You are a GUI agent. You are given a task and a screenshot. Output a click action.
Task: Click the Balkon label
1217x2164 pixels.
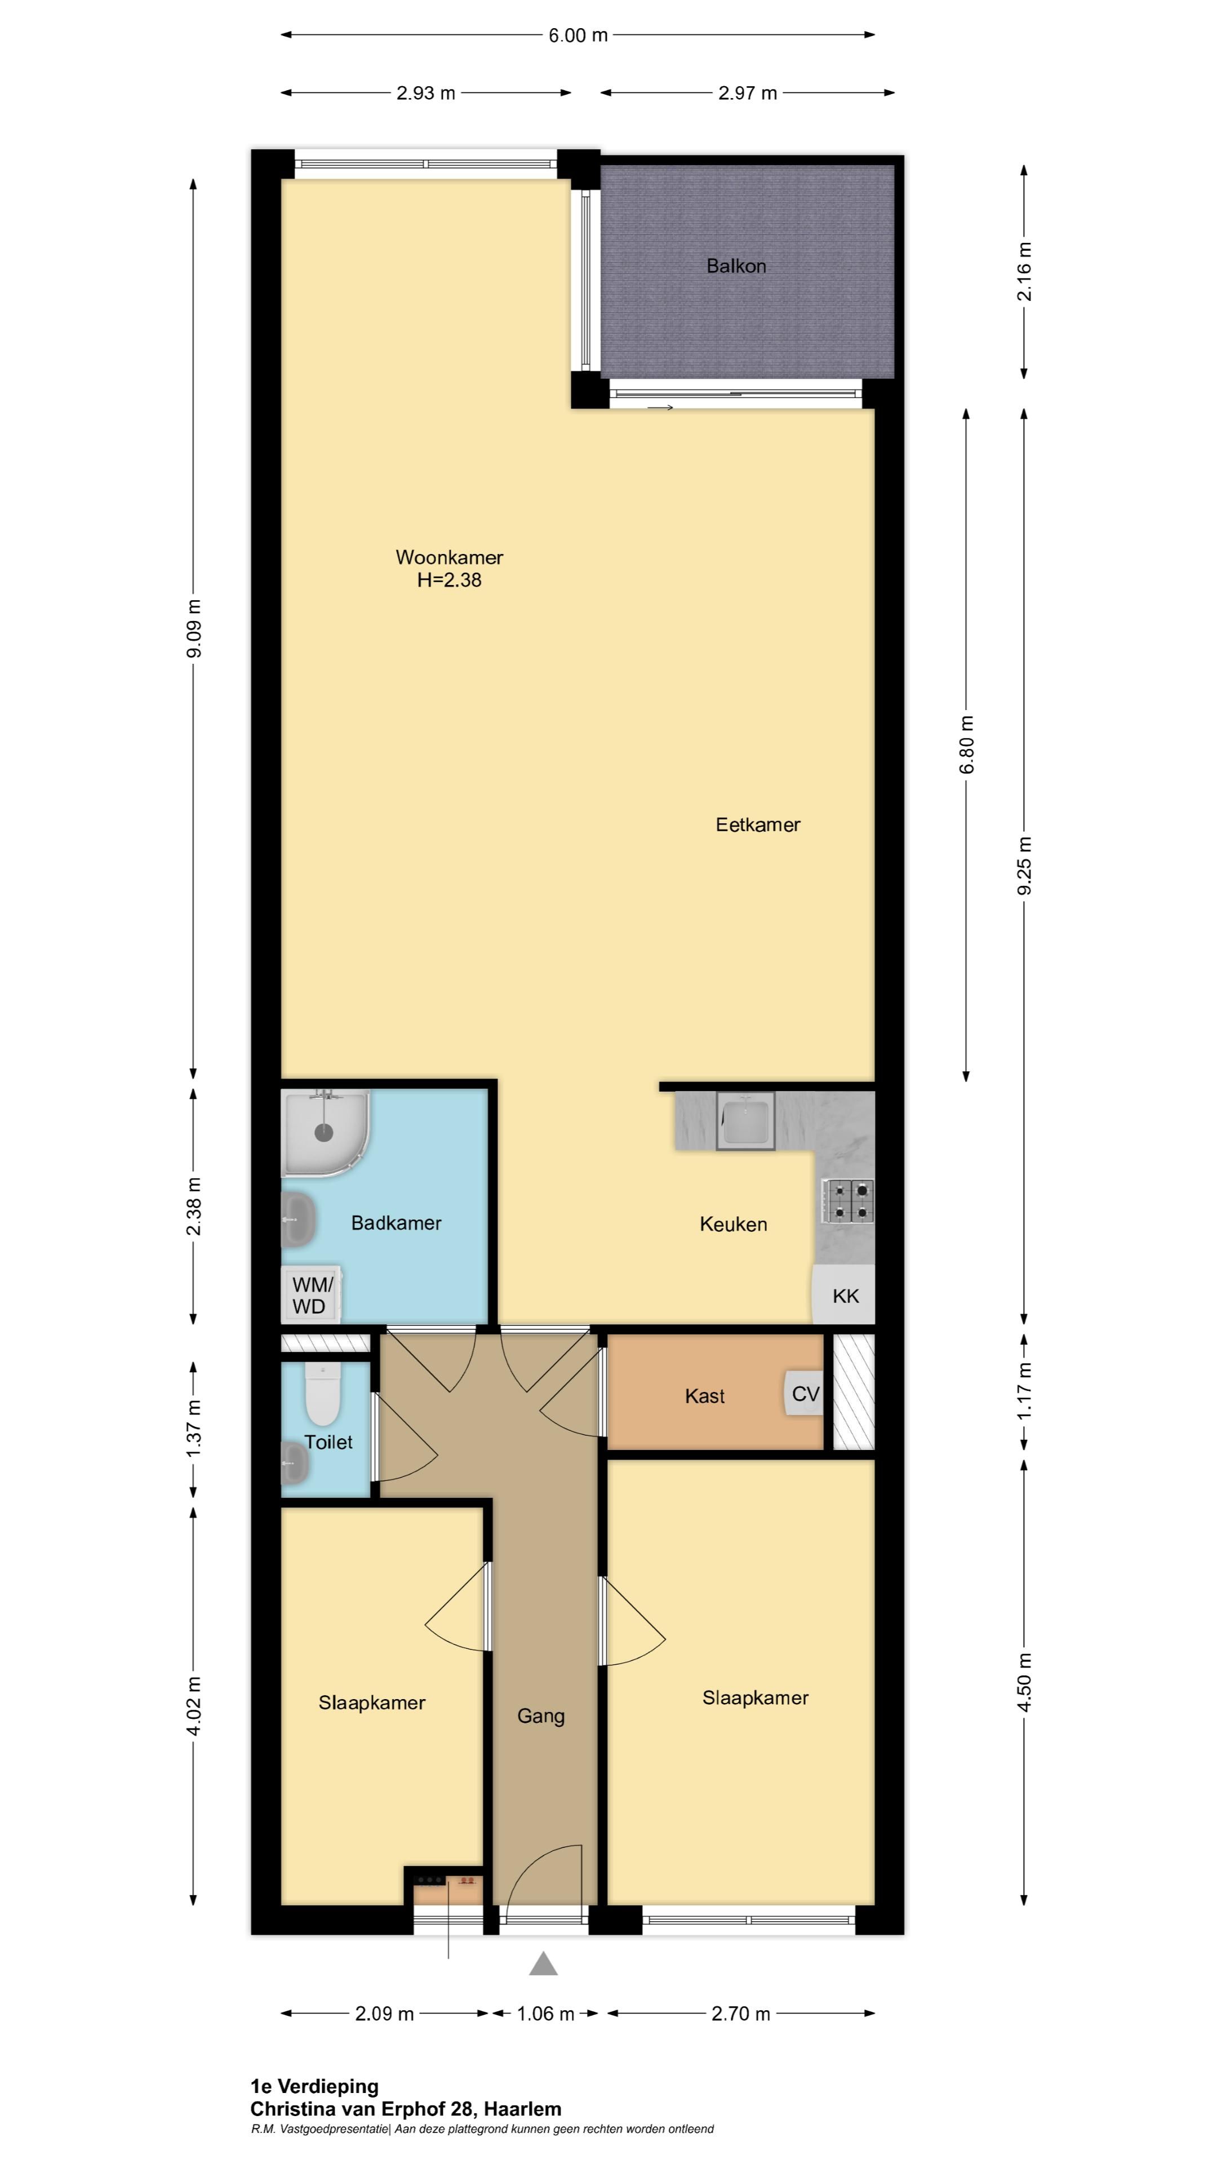point(736,267)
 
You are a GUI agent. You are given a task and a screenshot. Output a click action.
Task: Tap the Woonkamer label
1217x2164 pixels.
point(450,557)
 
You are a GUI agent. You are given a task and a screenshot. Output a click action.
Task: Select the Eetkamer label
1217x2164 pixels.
point(758,825)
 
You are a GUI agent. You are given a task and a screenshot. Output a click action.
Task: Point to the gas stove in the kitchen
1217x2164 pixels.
point(849,1201)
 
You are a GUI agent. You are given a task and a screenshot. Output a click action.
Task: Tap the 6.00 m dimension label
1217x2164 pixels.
point(578,36)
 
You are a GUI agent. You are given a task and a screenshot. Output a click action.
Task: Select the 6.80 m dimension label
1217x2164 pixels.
point(967,744)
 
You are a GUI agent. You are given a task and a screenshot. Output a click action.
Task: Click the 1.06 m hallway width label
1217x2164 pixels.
point(545,2014)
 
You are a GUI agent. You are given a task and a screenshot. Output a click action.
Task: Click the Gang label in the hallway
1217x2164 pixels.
point(540,1716)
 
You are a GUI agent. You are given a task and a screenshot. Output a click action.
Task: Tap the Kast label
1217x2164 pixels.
point(705,1396)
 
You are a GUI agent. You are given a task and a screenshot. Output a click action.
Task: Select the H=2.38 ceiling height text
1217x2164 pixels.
point(450,580)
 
